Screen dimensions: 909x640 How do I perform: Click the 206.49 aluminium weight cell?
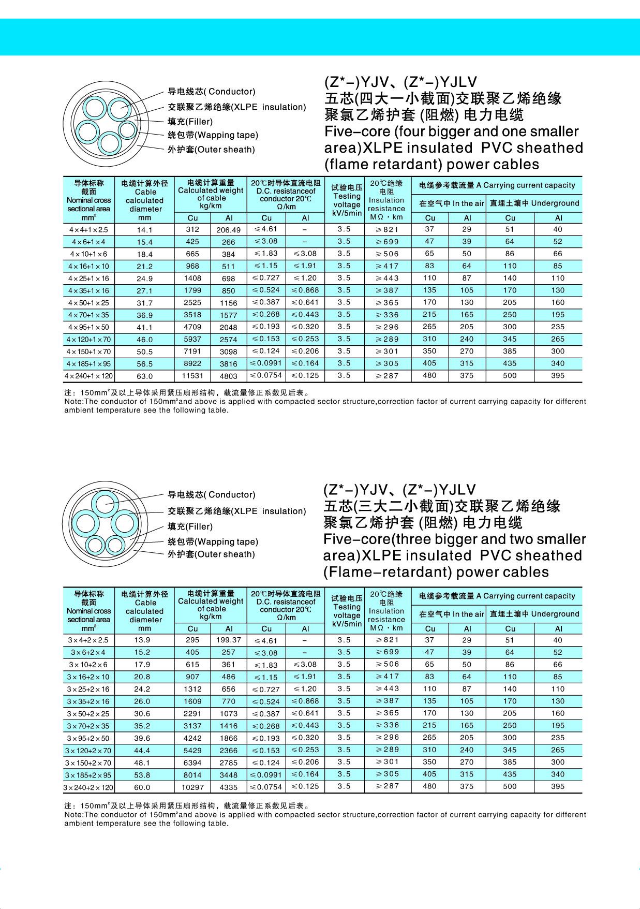point(228,230)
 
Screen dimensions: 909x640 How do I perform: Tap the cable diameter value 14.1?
point(145,230)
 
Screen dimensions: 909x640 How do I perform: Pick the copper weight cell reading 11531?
point(192,376)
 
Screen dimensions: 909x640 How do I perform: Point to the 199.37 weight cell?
point(228,640)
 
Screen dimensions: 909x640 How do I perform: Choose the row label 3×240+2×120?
point(88,787)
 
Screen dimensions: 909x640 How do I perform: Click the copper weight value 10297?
point(192,787)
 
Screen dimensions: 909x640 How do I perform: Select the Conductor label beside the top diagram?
point(211,92)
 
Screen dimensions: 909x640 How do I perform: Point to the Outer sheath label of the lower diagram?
point(211,554)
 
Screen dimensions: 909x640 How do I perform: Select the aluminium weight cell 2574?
point(228,340)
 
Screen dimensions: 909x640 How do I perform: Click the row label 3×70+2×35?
point(88,726)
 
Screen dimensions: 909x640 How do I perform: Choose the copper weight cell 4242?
point(192,738)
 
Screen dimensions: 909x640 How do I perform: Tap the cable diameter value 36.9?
point(145,315)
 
